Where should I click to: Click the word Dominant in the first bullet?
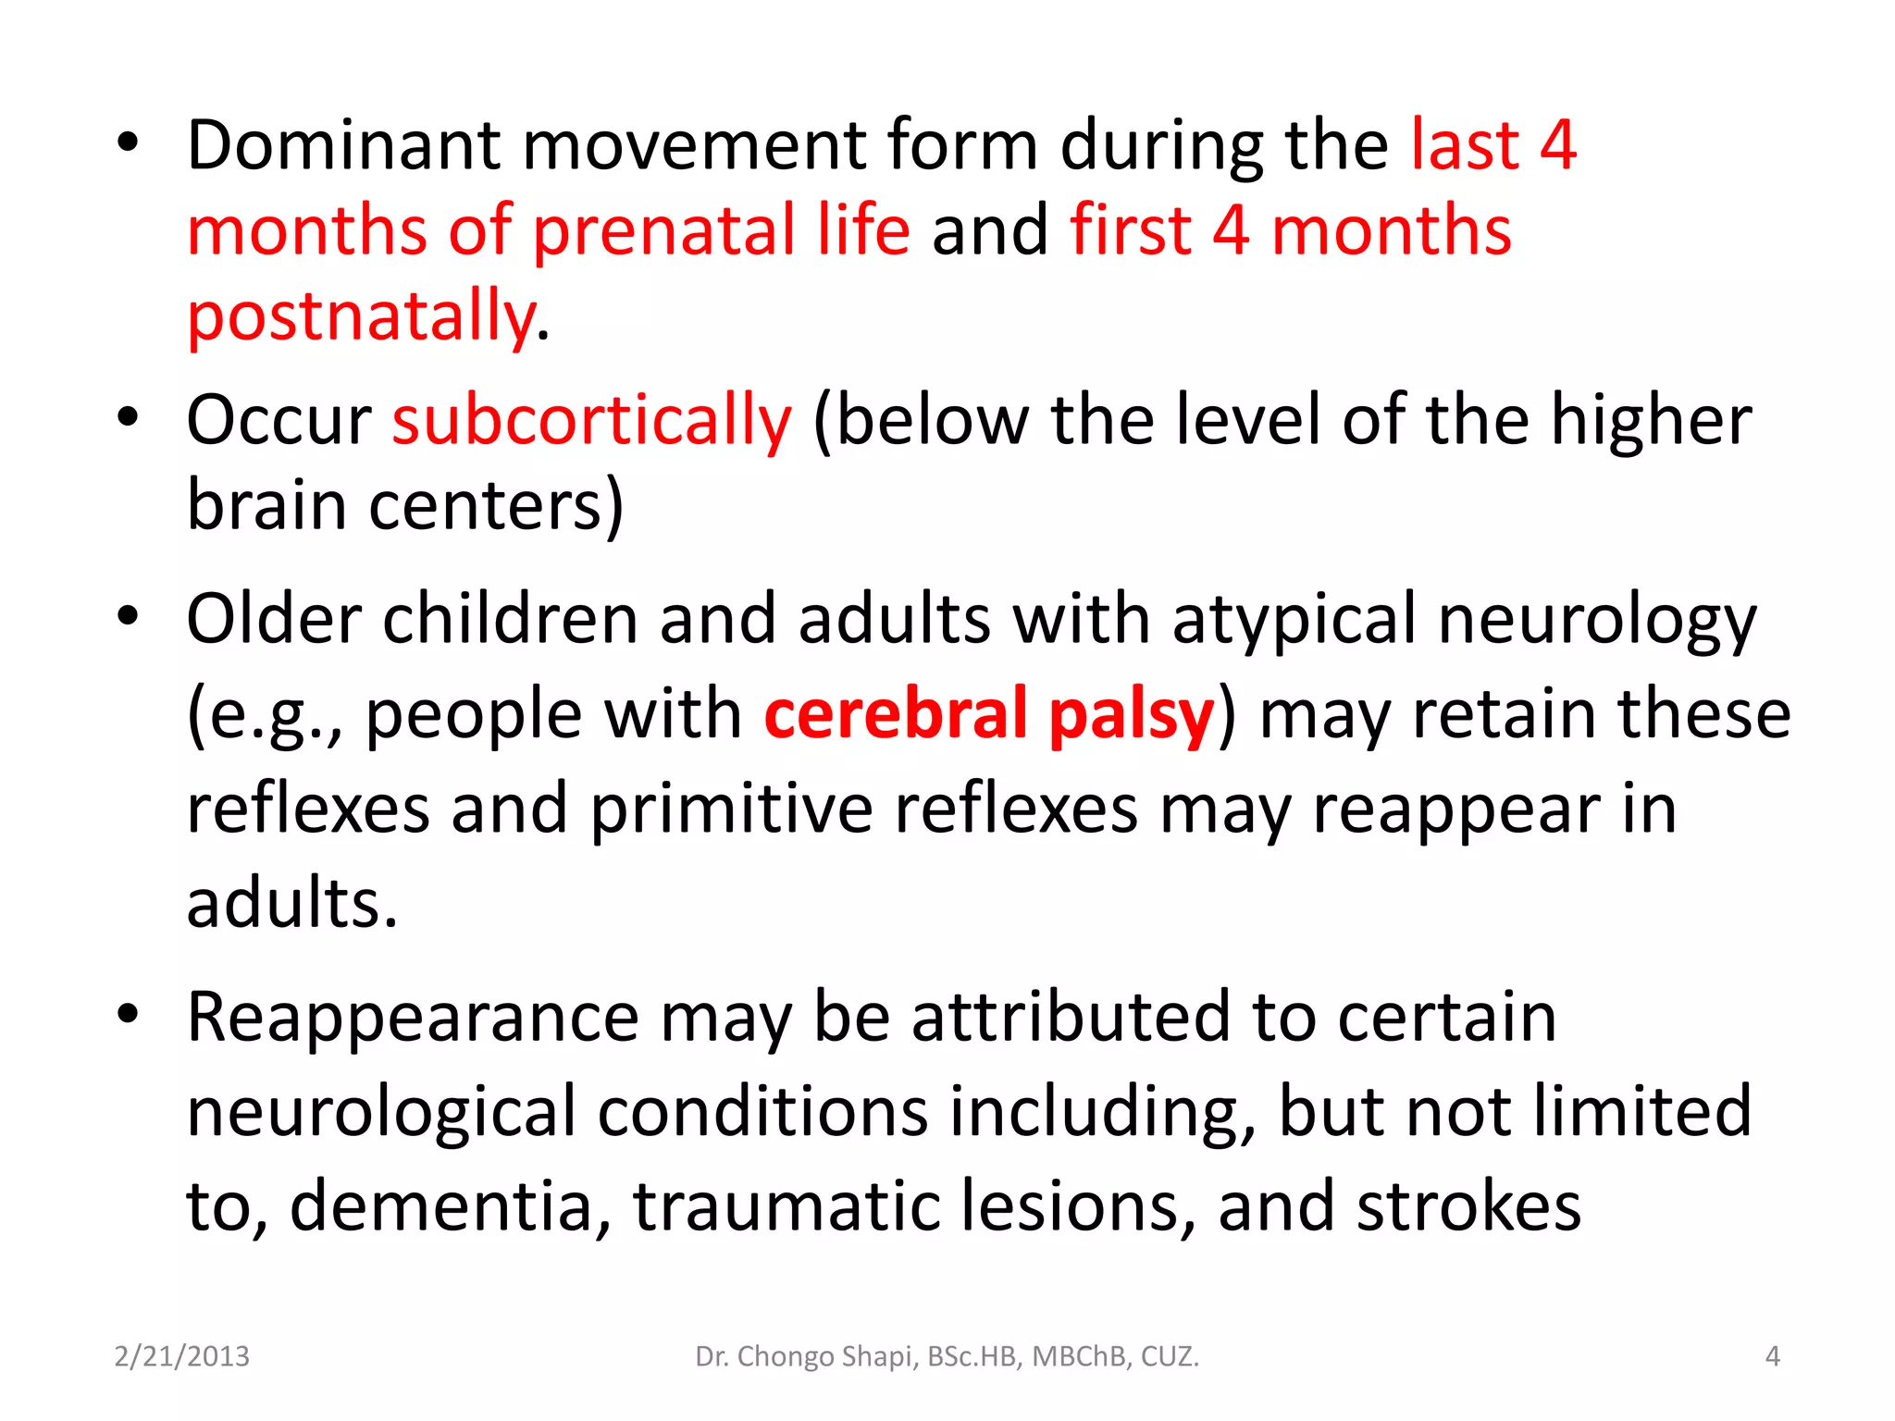coord(342,146)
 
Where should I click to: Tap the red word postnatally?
coord(361,316)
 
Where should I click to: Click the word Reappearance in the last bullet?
coord(413,1018)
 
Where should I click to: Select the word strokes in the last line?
coord(1468,1205)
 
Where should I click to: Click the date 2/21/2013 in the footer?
coord(181,1356)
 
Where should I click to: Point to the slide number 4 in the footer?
coord(1772,1356)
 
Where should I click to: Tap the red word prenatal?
coord(663,231)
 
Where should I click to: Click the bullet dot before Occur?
coord(128,417)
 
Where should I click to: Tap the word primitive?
coord(731,809)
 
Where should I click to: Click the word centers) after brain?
coord(497,506)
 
